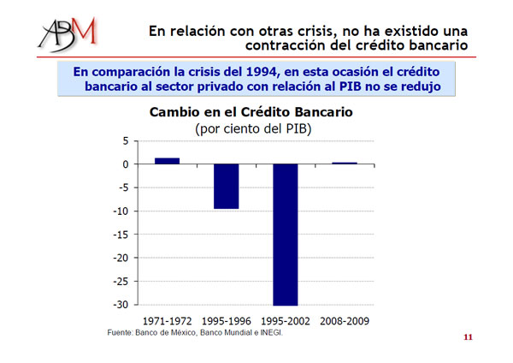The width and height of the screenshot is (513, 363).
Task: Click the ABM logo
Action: pyautogui.click(x=68, y=35)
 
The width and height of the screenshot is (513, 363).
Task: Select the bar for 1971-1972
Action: pyautogui.click(x=168, y=161)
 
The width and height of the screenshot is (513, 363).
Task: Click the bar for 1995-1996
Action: pyautogui.click(x=227, y=187)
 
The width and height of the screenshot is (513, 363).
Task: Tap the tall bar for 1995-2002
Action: pyautogui.click(x=286, y=235)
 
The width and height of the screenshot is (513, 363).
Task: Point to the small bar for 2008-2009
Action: pyautogui.click(x=345, y=164)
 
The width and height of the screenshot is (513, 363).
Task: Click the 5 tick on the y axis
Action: pyautogui.click(x=126, y=141)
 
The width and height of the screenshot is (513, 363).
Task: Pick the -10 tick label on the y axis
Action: pyautogui.click(x=121, y=211)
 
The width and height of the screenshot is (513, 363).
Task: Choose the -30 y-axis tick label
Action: pyautogui.click(x=121, y=305)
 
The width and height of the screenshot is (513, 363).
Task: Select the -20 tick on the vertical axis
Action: pyautogui.click(x=121, y=259)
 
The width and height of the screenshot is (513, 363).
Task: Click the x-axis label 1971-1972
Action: pyautogui.click(x=168, y=321)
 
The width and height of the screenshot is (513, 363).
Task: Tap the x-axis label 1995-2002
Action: pyautogui.click(x=286, y=321)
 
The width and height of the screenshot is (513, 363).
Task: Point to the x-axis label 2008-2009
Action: pyautogui.click(x=345, y=321)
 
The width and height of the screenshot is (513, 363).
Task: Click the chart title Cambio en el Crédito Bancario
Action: pyautogui.click(x=251, y=112)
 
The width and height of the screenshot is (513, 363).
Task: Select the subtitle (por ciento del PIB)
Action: pyautogui.click(x=253, y=128)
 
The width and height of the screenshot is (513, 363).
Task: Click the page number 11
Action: pyautogui.click(x=468, y=337)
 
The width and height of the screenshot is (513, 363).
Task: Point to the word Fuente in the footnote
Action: pyautogui.click(x=120, y=332)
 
